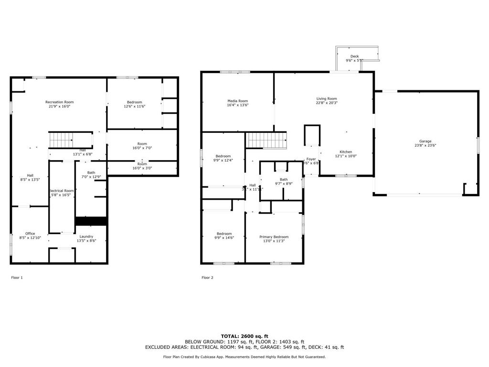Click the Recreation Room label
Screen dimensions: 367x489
pos(60,102)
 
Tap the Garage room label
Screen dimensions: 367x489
pos(425,141)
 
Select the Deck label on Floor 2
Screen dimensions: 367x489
pos(354,56)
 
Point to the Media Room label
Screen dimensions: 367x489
pos(237,101)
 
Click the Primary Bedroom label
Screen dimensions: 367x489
pos(274,237)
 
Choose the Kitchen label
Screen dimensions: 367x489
pos(346,152)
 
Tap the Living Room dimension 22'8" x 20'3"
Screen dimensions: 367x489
pos(327,103)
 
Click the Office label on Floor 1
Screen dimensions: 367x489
pos(30,234)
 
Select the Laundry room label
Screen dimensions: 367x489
pos(86,236)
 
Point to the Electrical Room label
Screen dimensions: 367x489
pos(62,191)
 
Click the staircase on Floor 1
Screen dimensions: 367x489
pos(61,140)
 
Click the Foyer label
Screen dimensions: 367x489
pos(311,159)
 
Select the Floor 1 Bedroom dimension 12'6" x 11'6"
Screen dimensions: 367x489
pos(134,106)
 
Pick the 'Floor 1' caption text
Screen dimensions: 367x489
pos(17,278)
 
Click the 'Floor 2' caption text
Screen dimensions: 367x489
pos(207,278)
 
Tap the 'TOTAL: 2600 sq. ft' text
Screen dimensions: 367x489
pos(244,336)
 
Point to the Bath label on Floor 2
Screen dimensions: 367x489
pos(284,179)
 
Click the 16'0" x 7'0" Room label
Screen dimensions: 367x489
pos(142,144)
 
